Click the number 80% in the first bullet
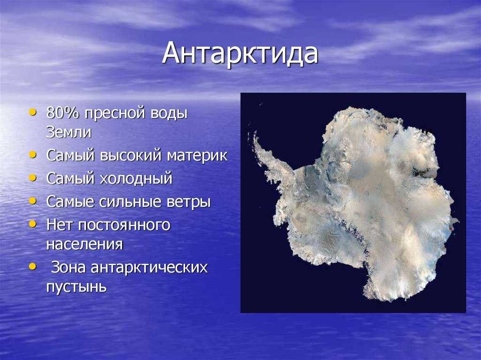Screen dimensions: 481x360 pos(62,113)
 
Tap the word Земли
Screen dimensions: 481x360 pos(69,132)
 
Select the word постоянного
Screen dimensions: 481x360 pos(124,225)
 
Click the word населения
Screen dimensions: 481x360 pos(85,245)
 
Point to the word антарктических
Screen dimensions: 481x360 pos(149,268)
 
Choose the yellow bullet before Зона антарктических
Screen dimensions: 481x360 pos(32,267)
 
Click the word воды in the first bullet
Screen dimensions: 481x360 pos(169,114)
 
